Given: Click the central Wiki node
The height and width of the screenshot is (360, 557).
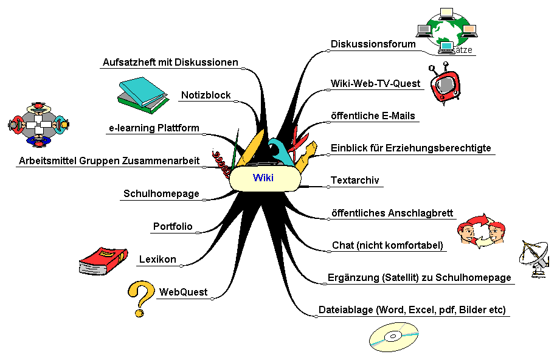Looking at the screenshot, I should (264, 178).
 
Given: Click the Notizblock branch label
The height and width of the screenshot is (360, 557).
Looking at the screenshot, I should (206, 95).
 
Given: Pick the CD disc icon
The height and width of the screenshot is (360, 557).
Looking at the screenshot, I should (394, 337).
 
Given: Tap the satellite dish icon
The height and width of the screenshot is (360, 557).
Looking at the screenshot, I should (535, 259).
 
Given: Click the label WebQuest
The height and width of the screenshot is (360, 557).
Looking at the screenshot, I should (183, 292).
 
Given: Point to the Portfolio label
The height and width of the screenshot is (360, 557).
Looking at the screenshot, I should (173, 227).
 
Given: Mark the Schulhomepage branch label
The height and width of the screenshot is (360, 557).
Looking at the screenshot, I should (161, 194).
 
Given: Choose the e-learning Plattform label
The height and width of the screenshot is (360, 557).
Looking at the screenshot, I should (154, 128).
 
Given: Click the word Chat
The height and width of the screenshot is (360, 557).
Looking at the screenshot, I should (342, 246).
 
